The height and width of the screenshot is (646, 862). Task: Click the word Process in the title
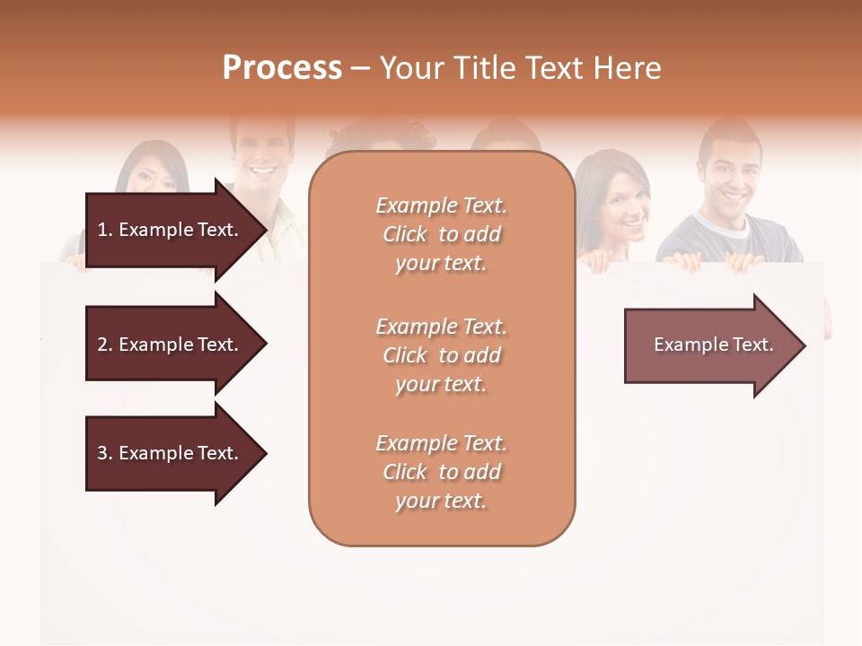tap(282, 68)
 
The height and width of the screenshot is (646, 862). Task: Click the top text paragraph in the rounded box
tap(442, 234)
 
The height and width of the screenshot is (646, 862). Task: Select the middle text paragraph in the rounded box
tap(442, 355)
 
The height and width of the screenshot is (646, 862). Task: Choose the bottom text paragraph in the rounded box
tap(442, 472)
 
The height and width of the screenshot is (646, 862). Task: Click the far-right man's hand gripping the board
tap(743, 262)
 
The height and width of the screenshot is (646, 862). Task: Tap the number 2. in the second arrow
tap(104, 345)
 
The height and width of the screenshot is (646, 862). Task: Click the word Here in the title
tap(631, 68)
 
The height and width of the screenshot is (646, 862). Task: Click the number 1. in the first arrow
tap(104, 230)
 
